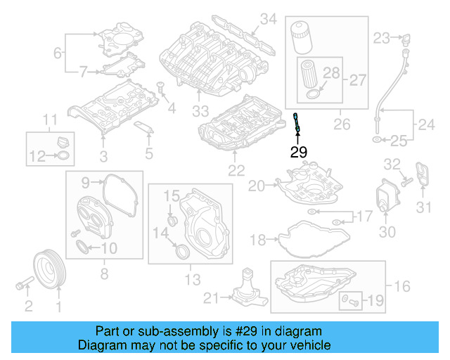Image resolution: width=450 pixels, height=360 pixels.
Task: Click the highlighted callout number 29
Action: [299, 151]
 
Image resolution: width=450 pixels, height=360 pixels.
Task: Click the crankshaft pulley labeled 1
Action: [50, 268]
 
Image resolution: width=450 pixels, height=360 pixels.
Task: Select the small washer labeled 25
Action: [378, 141]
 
